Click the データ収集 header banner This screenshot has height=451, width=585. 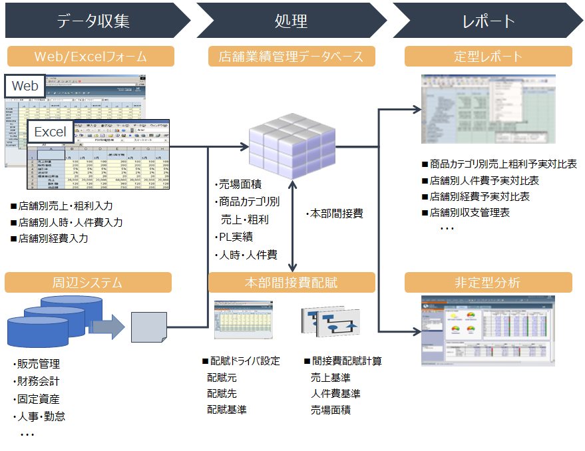click(93, 21)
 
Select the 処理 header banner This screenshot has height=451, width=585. click(292, 21)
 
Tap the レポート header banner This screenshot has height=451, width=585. click(488, 21)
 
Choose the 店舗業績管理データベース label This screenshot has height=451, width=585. click(292, 57)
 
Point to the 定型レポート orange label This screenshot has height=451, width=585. click(488, 57)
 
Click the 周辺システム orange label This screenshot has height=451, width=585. click(88, 283)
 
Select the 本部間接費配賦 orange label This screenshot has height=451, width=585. click(292, 283)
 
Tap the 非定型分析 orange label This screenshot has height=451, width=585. click(488, 283)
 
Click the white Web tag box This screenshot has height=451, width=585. click(25, 86)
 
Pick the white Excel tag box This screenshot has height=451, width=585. click(50, 131)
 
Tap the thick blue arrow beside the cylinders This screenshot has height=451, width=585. click(106, 327)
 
